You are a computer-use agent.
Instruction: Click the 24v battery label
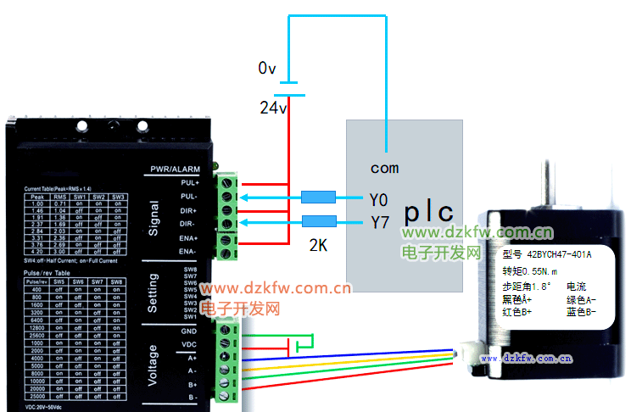[x=273, y=108]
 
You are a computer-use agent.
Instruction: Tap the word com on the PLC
[x=384, y=168]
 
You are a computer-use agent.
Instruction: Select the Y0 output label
[x=378, y=200]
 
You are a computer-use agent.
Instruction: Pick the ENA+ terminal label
[x=189, y=238]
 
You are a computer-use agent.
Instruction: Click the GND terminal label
[x=189, y=330]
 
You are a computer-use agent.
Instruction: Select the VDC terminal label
[x=189, y=343]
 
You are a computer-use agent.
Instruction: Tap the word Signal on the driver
[x=153, y=216]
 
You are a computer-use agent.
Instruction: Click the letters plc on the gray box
[x=427, y=212]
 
